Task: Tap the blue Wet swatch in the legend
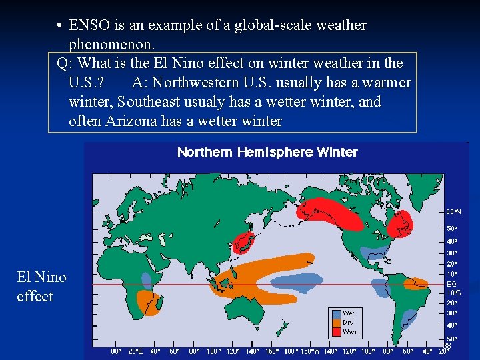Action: [x=336, y=313]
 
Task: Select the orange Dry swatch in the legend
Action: [x=336, y=322]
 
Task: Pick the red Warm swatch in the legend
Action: [x=336, y=331]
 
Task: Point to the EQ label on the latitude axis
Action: [x=451, y=284]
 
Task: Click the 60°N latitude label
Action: [x=453, y=211]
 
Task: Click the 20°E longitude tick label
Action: [x=135, y=351]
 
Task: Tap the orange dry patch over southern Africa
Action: [x=147, y=304]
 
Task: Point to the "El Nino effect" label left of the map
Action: [x=41, y=286]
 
